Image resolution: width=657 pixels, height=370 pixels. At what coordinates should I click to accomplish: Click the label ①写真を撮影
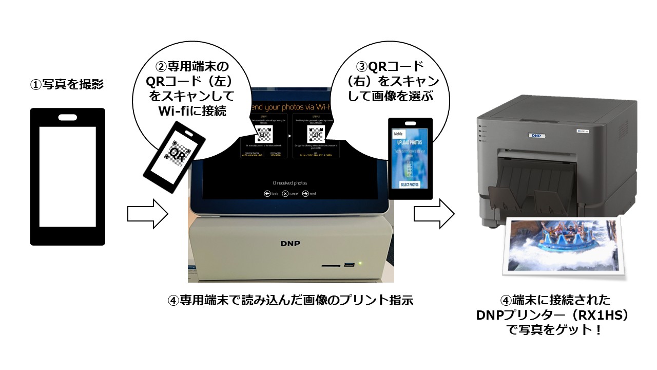pyautogui.click(x=67, y=84)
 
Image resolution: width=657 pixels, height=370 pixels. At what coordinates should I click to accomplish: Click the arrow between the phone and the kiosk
pyautogui.click(x=148, y=214)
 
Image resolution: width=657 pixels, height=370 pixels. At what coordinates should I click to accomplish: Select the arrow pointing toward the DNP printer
pyautogui.click(x=434, y=214)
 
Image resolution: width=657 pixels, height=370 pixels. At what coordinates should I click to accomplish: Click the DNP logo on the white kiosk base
pyautogui.click(x=291, y=243)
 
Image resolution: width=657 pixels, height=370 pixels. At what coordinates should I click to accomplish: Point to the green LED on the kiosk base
pyautogui.click(x=361, y=264)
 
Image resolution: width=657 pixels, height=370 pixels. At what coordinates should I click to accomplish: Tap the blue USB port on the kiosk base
pyautogui.click(x=350, y=265)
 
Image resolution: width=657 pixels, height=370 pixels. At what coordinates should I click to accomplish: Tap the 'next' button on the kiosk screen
pyautogui.click(x=309, y=194)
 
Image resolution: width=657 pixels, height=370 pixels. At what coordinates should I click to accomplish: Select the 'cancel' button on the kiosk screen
pyautogui.click(x=290, y=194)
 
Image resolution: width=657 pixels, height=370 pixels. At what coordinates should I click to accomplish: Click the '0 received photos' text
pyautogui.click(x=290, y=183)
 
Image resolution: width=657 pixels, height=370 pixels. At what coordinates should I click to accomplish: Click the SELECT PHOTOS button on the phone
pyautogui.click(x=410, y=184)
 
